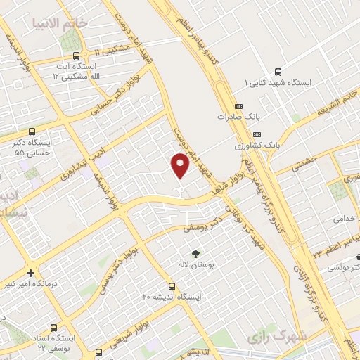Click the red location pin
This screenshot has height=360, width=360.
[181, 165]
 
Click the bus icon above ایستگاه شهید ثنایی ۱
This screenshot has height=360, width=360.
[278, 71]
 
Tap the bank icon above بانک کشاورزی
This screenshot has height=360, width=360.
[257, 134]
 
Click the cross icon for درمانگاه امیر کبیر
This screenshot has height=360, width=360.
[30, 273]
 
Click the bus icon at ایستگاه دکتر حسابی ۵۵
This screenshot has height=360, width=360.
[32, 131]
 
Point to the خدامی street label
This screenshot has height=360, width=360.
[342, 218]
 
